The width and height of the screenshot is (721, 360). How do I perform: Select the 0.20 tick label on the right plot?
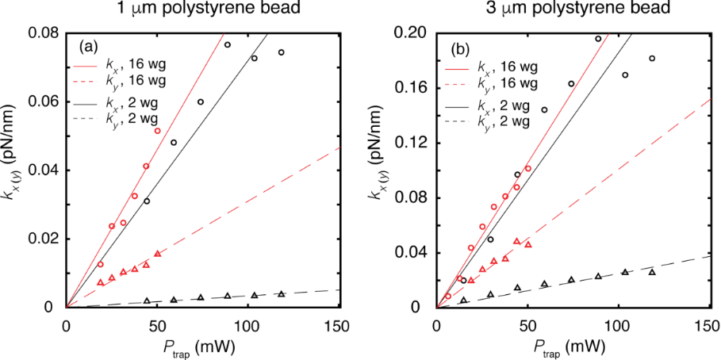click(412, 33)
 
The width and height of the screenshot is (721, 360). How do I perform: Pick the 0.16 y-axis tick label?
click(412, 88)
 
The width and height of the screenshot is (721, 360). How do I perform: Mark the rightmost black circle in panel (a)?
click(281, 52)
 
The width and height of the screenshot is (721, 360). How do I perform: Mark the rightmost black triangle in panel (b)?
click(652, 272)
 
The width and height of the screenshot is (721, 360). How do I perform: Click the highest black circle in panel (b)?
click(598, 38)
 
